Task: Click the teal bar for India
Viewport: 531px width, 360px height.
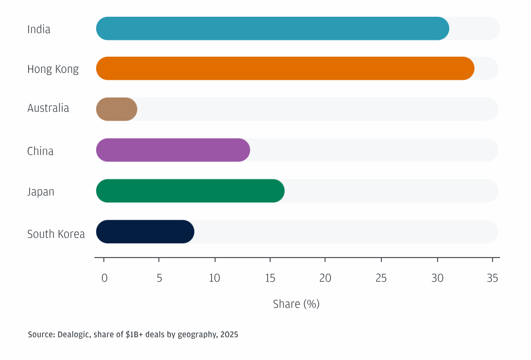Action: click(x=272, y=29)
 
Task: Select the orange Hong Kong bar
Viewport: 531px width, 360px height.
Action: click(x=285, y=68)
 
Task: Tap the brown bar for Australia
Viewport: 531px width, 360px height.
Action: click(x=117, y=109)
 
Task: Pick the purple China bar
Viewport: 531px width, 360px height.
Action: click(x=173, y=150)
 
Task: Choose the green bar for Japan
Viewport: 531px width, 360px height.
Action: click(x=190, y=191)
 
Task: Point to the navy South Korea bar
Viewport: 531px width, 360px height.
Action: click(x=145, y=231)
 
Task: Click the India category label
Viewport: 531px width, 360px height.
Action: click(x=39, y=29)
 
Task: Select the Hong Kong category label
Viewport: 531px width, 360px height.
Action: click(x=53, y=69)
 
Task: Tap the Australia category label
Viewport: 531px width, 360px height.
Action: click(x=48, y=108)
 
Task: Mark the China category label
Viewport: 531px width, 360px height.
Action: click(x=40, y=151)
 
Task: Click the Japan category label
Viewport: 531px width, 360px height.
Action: click(x=41, y=192)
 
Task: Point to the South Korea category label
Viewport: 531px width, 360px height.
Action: click(x=56, y=234)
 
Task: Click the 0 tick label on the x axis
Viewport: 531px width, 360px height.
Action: click(x=104, y=278)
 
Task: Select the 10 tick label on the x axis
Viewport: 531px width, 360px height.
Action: click(x=215, y=278)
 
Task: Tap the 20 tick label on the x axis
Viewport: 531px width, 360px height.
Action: click(x=325, y=278)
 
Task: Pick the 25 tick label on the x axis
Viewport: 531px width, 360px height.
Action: click(x=381, y=278)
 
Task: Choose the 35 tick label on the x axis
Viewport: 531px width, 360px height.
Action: click(x=493, y=278)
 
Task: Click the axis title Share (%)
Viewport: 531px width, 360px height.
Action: click(x=296, y=304)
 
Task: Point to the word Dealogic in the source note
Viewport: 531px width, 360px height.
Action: click(x=73, y=335)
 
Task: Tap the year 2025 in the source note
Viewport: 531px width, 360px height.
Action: click(x=229, y=335)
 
